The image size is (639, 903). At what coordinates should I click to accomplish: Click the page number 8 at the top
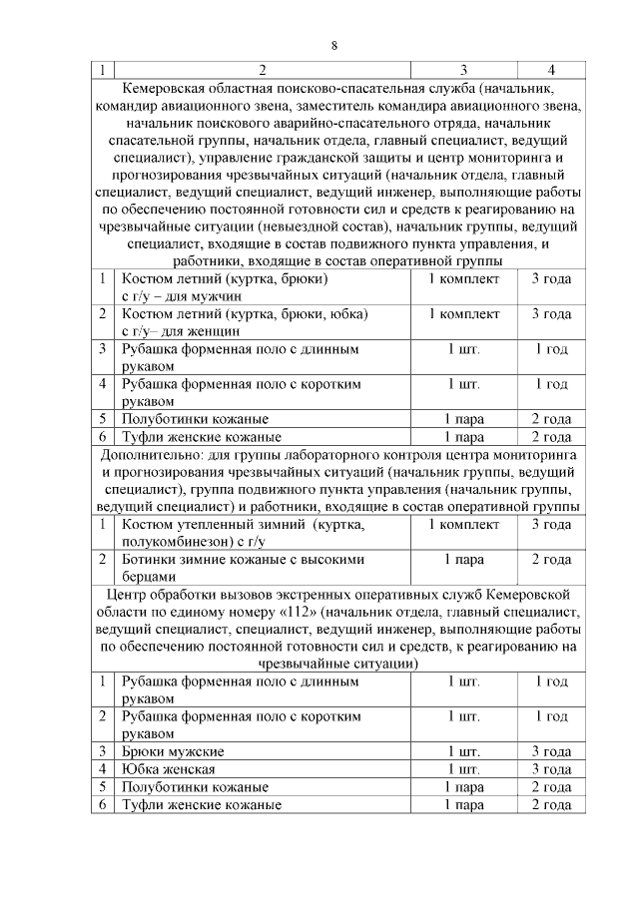[334, 45]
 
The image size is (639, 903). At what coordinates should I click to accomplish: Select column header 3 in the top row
[464, 70]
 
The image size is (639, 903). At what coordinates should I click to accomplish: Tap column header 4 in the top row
[551, 70]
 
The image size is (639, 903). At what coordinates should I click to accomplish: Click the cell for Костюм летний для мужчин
[225, 286]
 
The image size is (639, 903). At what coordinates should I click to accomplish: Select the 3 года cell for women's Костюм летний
[551, 314]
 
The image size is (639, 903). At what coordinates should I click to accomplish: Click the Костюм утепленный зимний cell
[245, 532]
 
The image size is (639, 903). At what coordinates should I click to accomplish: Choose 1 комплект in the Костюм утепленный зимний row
[464, 524]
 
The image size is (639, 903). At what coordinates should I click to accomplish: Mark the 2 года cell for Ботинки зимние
[551, 559]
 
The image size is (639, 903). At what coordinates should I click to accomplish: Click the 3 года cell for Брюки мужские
[551, 750]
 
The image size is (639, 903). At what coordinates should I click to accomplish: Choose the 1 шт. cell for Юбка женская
[464, 768]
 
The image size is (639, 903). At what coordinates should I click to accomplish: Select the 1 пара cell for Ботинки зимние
[464, 559]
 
